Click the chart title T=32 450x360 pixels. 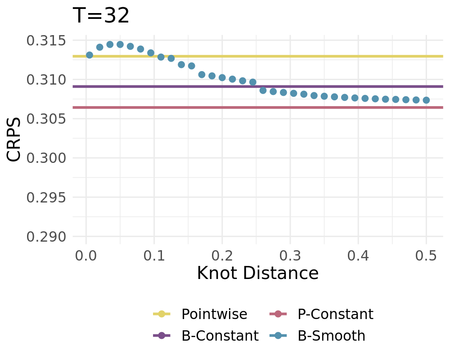(101, 16)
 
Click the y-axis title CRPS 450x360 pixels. (14, 139)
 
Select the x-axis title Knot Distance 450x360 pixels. (257, 273)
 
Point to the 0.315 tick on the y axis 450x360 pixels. (46, 41)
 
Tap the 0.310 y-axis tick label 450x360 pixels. (46, 80)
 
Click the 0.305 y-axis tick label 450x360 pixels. (46, 119)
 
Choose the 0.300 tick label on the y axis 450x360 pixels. (46, 158)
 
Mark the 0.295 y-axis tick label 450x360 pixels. (46, 198)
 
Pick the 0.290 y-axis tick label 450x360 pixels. (46, 237)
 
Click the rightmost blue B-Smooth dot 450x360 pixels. (426, 100)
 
